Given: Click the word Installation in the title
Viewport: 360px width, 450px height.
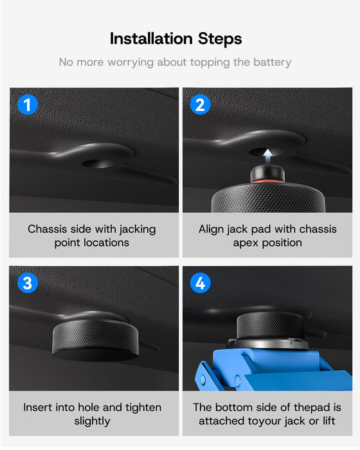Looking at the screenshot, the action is (x=151, y=39).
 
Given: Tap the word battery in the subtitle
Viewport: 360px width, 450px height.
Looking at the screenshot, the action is (x=272, y=62).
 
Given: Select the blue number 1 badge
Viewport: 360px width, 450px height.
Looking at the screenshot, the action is (x=28, y=104).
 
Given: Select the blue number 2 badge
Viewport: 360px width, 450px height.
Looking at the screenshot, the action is (x=201, y=104).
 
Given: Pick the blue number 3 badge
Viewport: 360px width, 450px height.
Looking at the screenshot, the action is (x=28, y=283).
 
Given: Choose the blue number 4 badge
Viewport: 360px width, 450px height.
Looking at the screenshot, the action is (x=201, y=283).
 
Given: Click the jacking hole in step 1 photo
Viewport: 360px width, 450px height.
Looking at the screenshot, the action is (x=98, y=163).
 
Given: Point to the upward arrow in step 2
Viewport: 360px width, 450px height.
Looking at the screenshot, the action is (x=267, y=156).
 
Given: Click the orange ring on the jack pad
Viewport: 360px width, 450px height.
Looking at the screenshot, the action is (x=267, y=181).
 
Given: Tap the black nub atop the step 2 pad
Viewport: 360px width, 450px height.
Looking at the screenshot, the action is (x=267, y=172).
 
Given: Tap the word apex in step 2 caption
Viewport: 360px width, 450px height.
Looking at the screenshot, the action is (x=246, y=244).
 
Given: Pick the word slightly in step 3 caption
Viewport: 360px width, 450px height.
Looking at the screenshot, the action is (x=92, y=421).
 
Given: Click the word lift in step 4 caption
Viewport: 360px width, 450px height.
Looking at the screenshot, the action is (x=328, y=421).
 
